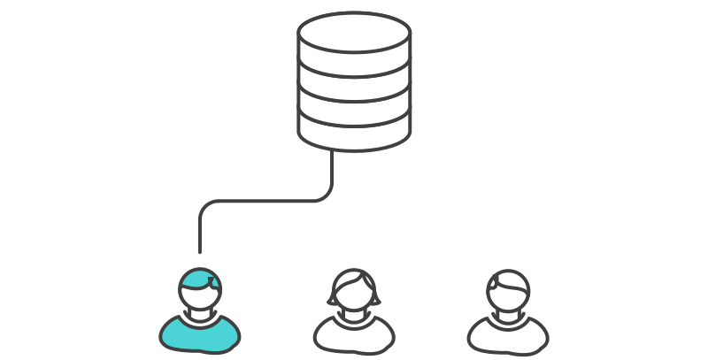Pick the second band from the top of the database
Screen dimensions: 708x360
354,82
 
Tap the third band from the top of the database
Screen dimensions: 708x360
354,105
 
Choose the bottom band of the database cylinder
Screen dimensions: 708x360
354,131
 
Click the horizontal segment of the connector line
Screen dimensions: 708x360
265,201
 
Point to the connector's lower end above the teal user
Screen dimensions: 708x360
200,250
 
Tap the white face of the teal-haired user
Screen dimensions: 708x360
202,297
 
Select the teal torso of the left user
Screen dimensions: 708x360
200,333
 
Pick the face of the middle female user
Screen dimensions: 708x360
354,295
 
